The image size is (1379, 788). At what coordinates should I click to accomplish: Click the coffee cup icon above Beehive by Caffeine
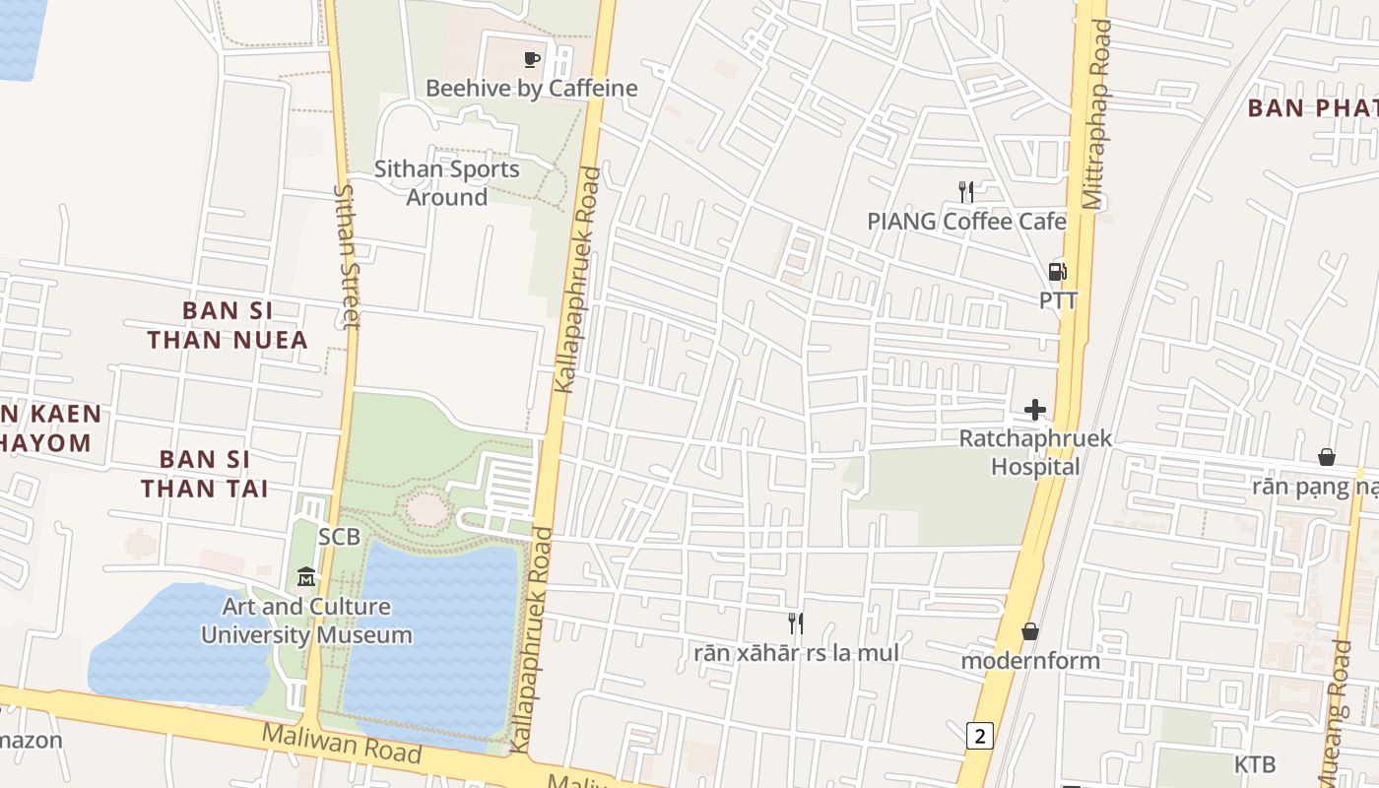(x=532, y=60)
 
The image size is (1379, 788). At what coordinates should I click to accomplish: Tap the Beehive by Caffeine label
(x=532, y=89)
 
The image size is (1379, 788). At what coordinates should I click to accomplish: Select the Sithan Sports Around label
(x=447, y=183)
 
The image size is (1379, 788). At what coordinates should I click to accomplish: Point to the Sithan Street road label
(x=347, y=256)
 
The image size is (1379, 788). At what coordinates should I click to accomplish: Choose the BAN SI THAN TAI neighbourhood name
(x=205, y=474)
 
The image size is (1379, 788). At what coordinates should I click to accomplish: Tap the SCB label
(x=339, y=537)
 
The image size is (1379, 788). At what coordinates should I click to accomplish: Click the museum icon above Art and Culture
(x=306, y=576)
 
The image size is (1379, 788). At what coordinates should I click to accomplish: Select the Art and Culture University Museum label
(x=306, y=621)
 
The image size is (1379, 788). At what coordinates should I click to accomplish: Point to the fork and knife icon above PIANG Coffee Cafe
(x=966, y=192)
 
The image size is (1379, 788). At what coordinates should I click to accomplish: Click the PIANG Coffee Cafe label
(x=966, y=222)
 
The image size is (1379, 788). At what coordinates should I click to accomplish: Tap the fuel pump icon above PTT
(x=1058, y=271)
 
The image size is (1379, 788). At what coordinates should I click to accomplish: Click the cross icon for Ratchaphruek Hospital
(x=1035, y=410)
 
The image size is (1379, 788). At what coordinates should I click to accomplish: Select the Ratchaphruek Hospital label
(x=1035, y=452)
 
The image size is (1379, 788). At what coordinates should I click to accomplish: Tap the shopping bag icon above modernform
(x=1030, y=631)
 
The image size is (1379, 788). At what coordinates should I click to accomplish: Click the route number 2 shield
(x=978, y=735)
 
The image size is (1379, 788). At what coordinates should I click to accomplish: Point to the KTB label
(x=1255, y=764)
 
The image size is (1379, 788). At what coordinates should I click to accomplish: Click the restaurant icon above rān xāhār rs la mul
(x=796, y=623)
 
